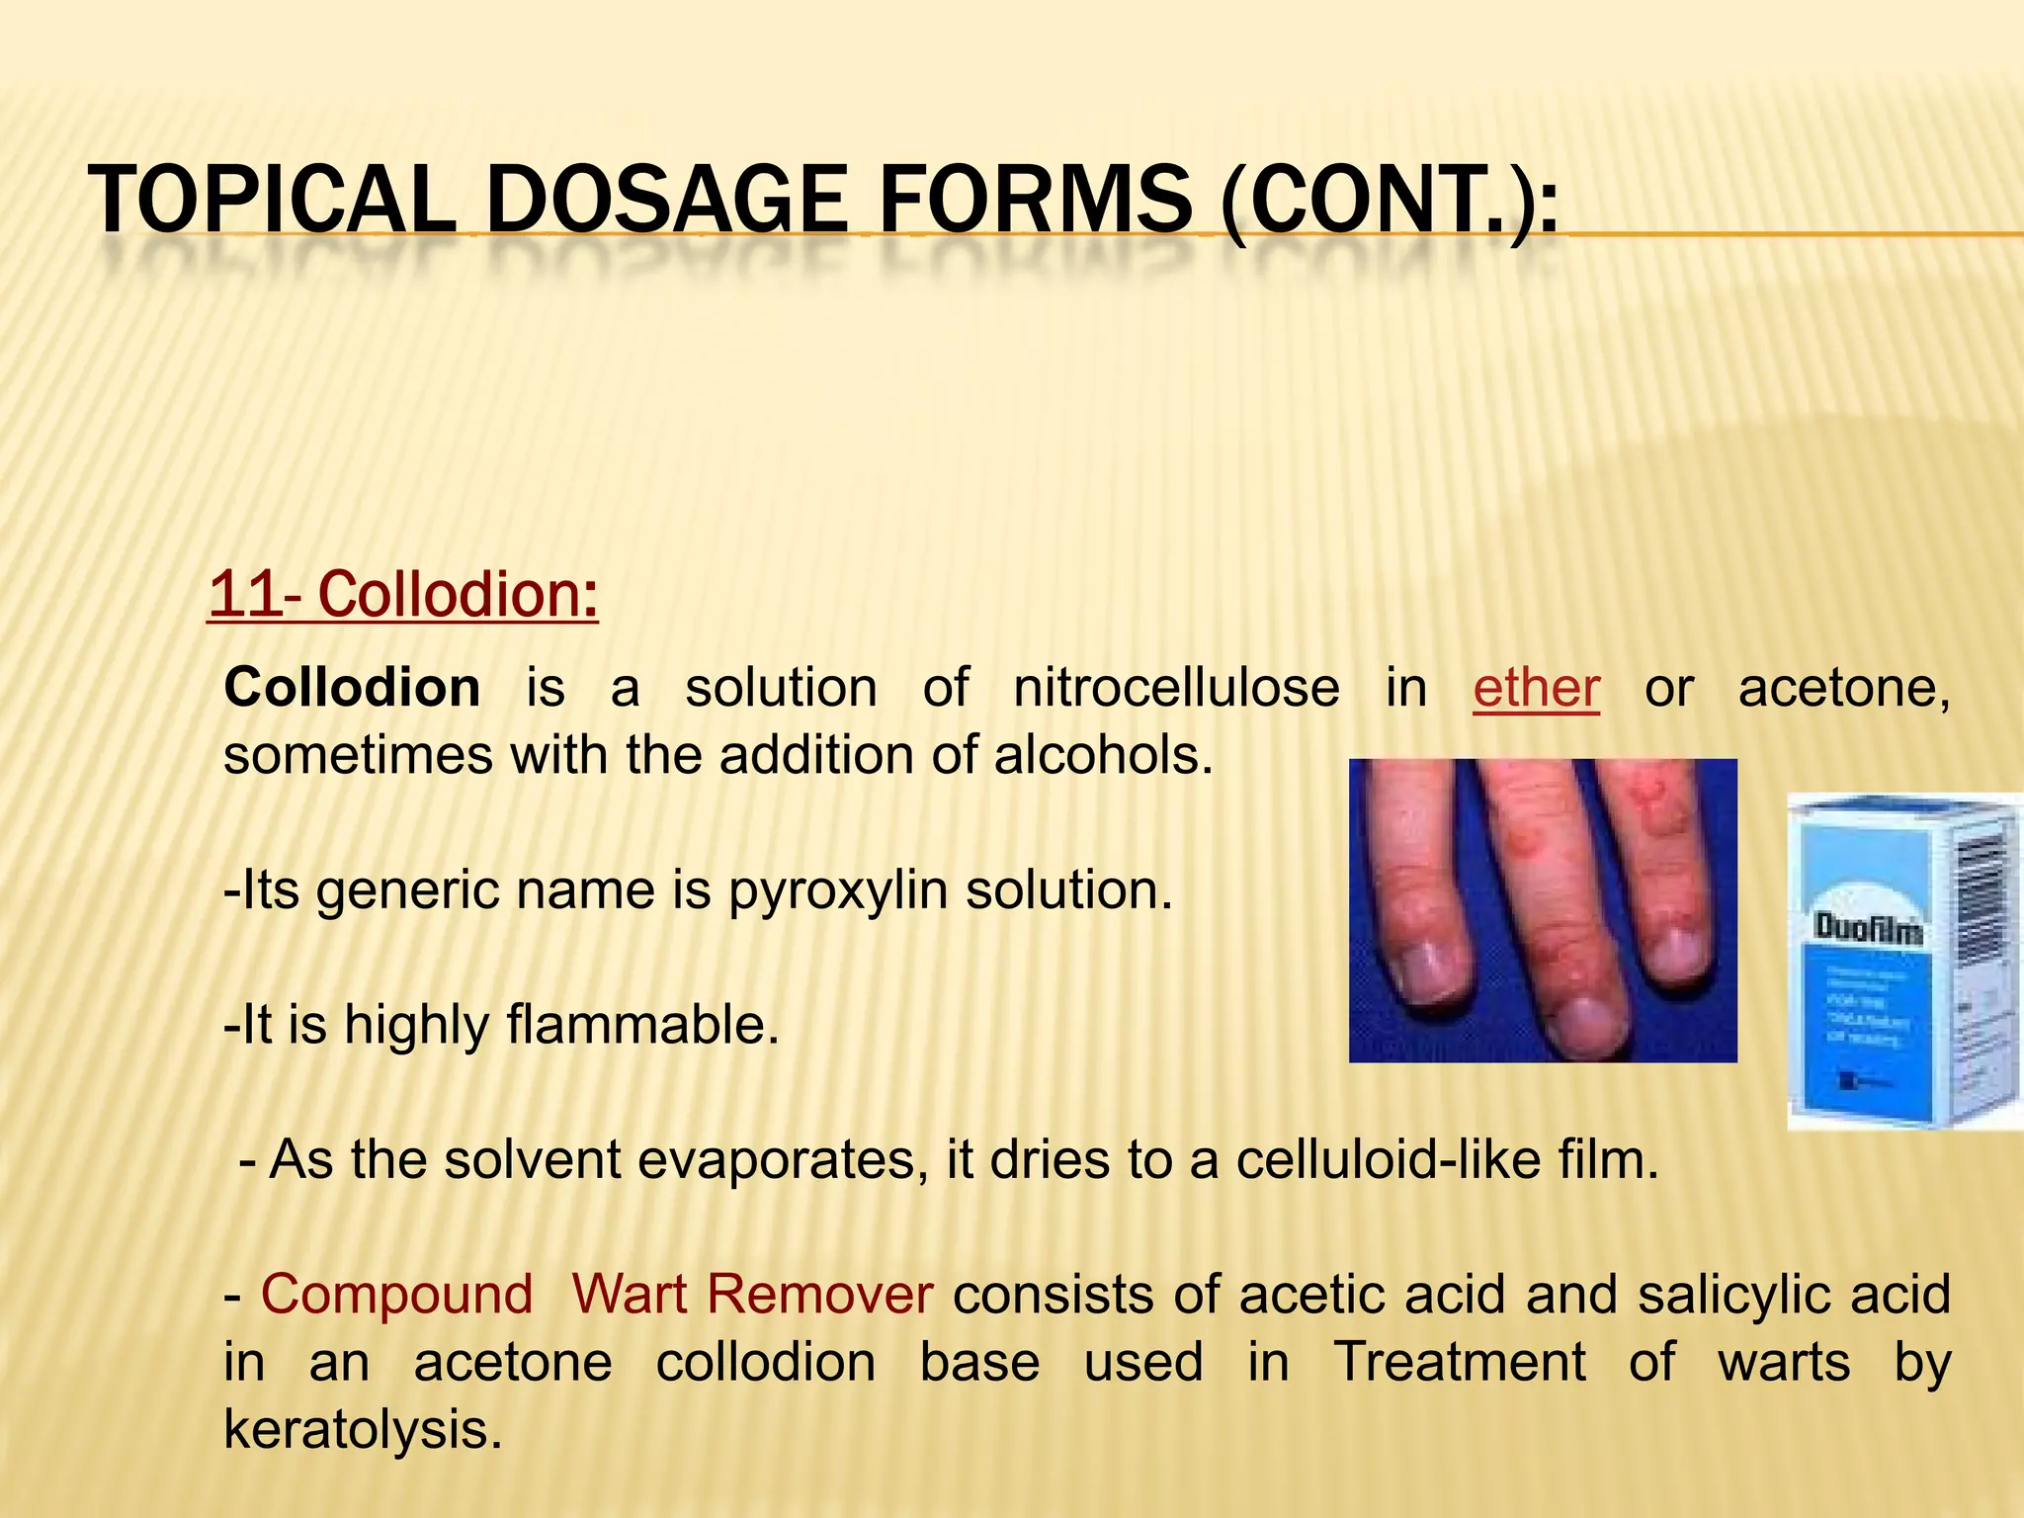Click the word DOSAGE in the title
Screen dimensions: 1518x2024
tap(667, 201)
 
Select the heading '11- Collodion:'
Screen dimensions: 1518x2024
tap(403, 594)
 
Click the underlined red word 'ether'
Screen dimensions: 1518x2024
tap(1536, 688)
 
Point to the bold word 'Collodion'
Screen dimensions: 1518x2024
tap(352, 688)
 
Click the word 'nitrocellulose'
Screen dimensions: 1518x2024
tap(1176, 688)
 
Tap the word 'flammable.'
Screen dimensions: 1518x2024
tap(643, 1024)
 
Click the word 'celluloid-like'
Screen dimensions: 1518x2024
tap(1389, 1159)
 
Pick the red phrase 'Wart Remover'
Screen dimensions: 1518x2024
tap(752, 1294)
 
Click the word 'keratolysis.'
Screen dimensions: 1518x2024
tap(363, 1429)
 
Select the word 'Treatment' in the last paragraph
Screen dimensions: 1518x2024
tap(1460, 1362)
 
